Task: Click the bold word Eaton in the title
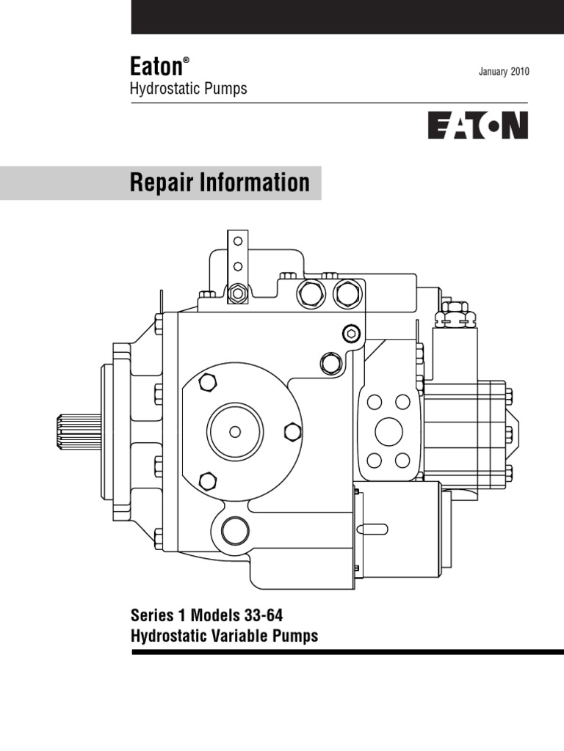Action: pos(156,67)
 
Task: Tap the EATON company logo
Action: pos(478,125)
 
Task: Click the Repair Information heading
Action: pos(220,183)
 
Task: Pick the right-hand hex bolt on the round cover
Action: pos(292,431)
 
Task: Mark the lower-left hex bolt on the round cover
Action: pos(208,481)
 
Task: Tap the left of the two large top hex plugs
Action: pos(309,294)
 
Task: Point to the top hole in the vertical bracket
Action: pos(237,241)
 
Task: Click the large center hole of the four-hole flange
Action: pos(387,431)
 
